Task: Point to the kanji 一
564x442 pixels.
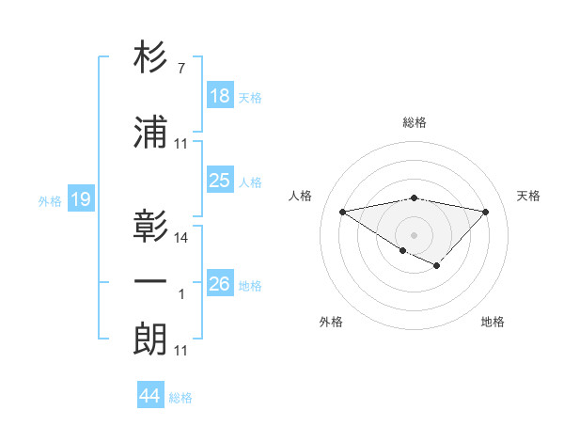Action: point(151,281)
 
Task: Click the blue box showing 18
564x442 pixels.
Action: point(220,97)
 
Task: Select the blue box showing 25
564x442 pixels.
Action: point(220,182)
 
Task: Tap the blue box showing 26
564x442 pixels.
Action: point(220,284)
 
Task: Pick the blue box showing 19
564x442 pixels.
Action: point(80,199)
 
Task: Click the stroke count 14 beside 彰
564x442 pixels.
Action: point(181,238)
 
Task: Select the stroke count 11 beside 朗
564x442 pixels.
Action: point(181,351)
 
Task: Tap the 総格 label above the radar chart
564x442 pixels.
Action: point(414,122)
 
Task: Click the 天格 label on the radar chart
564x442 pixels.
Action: point(528,196)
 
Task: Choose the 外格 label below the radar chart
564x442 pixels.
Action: point(331,322)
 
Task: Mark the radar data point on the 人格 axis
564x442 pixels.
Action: point(342,211)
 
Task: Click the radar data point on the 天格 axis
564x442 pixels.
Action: point(485,212)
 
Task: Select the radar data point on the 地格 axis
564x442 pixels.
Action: point(437,266)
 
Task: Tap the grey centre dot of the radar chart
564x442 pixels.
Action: point(414,233)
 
